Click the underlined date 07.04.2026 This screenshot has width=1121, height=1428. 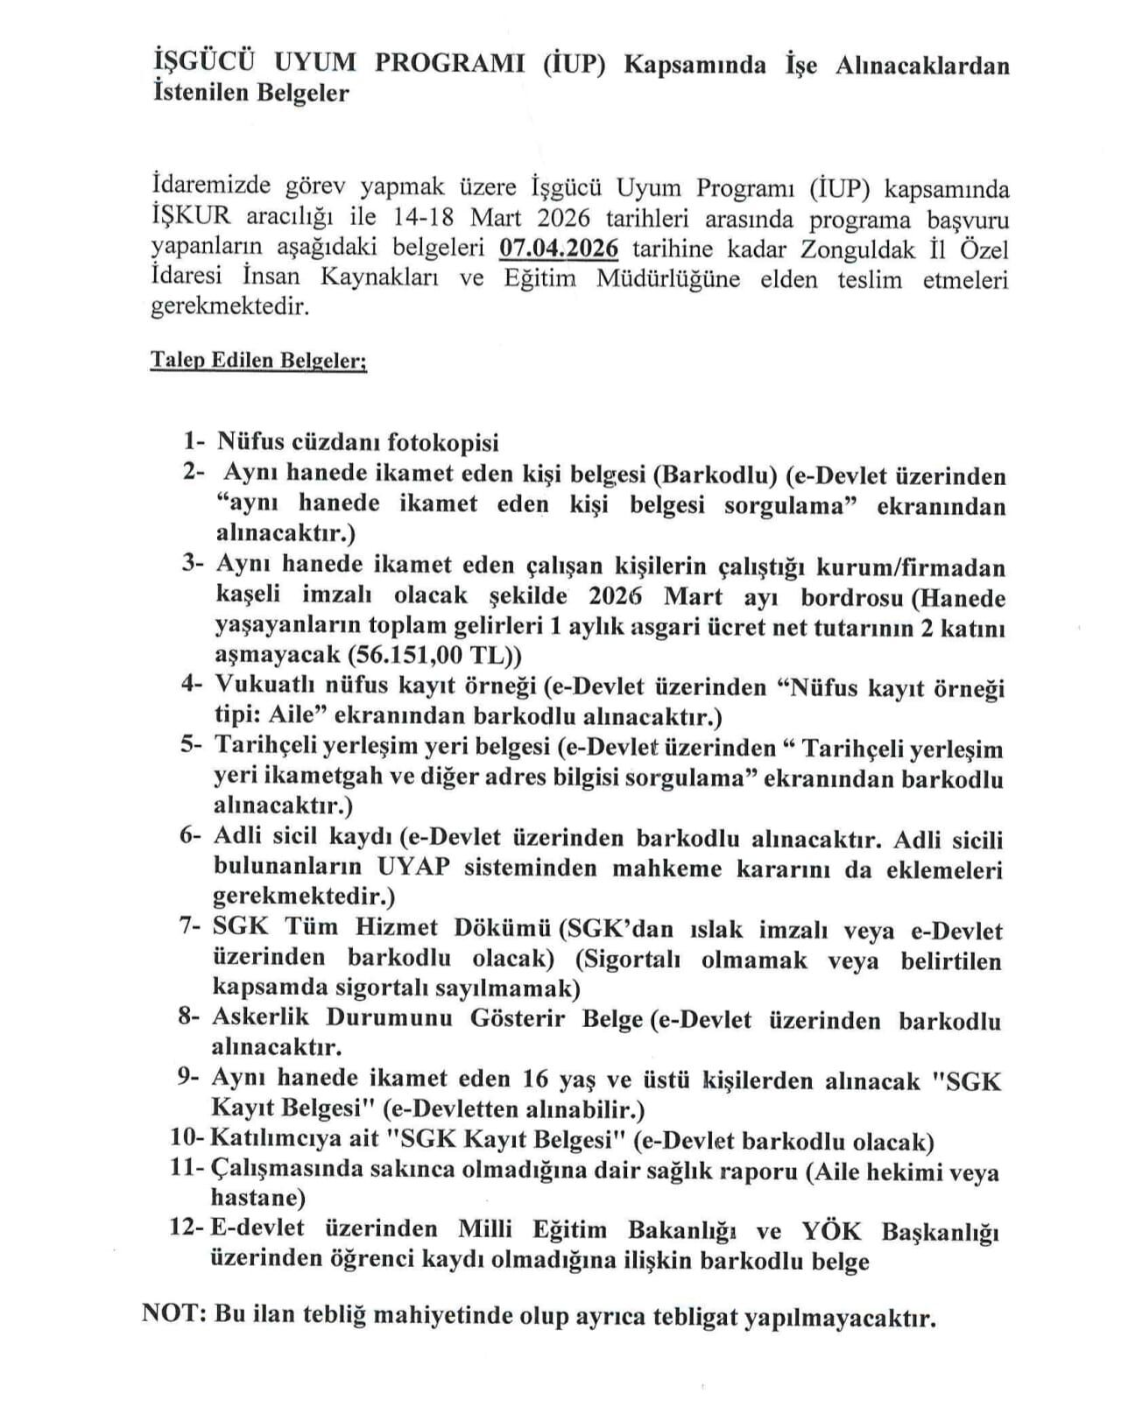[558, 249]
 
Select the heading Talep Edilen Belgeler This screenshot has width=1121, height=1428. [258, 361]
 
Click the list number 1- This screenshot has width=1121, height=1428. [195, 441]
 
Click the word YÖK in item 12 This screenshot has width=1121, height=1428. [831, 1230]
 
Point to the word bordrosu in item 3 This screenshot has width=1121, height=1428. [848, 597]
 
